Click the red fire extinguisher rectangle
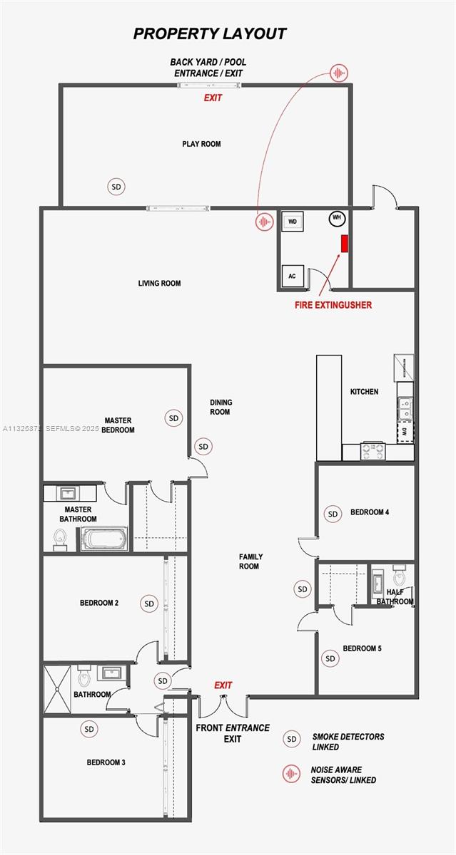(344, 244)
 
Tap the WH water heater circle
(336, 218)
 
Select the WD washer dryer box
(293, 222)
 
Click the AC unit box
(292, 276)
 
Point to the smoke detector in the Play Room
(116, 187)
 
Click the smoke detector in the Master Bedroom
(173, 418)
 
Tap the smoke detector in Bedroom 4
(332, 513)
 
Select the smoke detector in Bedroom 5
(330, 658)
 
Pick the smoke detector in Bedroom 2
(149, 603)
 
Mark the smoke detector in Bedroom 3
(89, 729)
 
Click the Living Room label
(159, 284)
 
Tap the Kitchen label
(364, 392)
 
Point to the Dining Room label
(221, 407)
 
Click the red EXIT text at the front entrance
(223, 685)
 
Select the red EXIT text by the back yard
(213, 98)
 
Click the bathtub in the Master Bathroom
(104, 539)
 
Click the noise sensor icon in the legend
(290, 774)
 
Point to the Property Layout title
(210, 33)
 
